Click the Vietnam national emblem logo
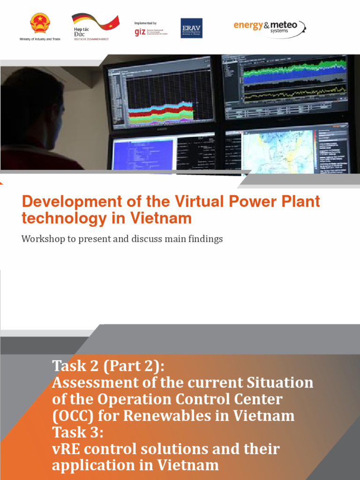(x=40, y=24)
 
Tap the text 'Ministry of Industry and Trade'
(x=40, y=39)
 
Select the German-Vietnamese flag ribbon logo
(x=95, y=21)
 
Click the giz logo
(x=140, y=32)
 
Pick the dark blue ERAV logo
(x=187, y=28)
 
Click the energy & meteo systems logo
(x=270, y=26)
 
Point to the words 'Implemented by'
(x=145, y=23)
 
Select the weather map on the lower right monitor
(x=277, y=150)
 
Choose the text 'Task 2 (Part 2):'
(x=108, y=366)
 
